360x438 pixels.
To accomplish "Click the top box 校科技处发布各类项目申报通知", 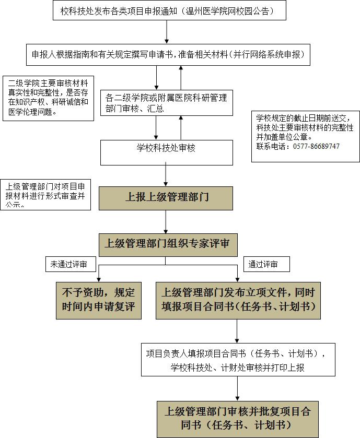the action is (169, 10).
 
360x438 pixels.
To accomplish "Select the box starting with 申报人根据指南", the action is (168, 55).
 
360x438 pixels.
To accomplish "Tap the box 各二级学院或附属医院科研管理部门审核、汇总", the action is (167, 103).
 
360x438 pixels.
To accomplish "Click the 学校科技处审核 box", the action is (167, 152).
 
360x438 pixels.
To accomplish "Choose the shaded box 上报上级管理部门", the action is (166, 198).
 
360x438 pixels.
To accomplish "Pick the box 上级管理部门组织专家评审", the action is (168, 245).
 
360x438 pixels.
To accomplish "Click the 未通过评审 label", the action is (71, 264).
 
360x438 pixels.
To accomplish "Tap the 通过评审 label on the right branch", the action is (266, 264).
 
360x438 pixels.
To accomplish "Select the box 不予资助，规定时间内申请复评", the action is (99, 301).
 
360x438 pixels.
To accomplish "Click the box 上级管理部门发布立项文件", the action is (238, 301).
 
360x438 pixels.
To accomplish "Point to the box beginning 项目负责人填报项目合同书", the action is (238, 360).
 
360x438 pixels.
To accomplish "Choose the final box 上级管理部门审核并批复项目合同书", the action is (238, 420).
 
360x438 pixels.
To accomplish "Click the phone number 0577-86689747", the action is (316, 146).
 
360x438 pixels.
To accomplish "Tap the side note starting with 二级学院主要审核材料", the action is (49, 98).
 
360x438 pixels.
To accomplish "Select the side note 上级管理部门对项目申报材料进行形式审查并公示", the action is (45, 195).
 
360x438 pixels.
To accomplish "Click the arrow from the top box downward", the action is (167, 32).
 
